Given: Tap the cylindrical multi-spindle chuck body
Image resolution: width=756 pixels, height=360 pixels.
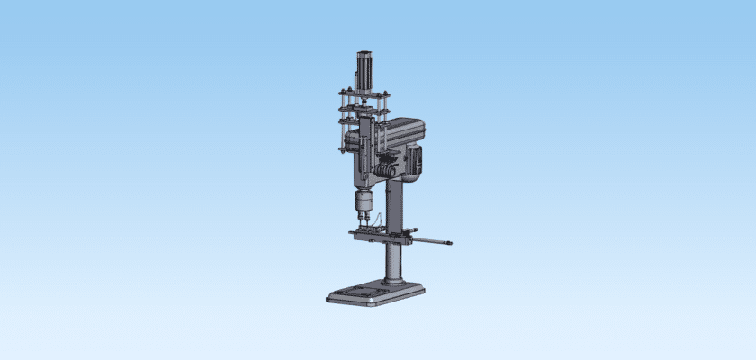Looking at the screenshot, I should tap(364, 202).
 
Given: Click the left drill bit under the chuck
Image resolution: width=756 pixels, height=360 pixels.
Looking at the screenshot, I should tap(359, 219).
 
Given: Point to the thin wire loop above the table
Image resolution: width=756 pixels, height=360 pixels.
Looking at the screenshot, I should tap(382, 220).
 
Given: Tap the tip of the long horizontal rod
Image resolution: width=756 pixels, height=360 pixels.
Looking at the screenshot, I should tap(449, 242).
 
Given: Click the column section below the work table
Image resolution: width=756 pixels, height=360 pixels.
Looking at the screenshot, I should tap(394, 261).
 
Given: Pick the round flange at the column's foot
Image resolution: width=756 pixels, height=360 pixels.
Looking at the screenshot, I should tap(394, 283).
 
